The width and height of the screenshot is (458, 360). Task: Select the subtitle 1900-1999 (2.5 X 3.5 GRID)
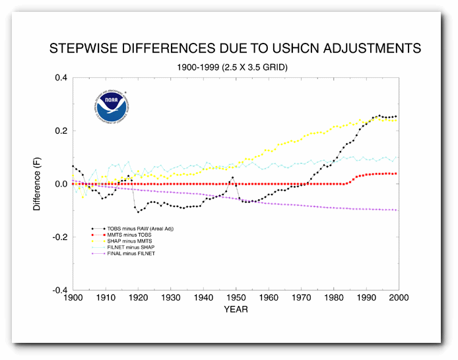pos(233,67)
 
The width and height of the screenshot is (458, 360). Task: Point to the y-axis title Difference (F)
pos(38,183)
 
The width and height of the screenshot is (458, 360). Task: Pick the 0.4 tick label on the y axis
pos(61,78)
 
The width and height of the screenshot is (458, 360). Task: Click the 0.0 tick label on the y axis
pos(61,184)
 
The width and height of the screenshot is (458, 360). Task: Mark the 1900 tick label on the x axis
pos(73,299)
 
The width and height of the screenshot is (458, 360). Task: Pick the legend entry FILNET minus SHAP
pos(135,247)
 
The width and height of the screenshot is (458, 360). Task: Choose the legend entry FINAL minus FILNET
pos(136,254)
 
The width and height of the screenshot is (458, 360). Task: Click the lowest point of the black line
pos(138,212)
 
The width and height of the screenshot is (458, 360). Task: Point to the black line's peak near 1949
pos(232,177)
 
